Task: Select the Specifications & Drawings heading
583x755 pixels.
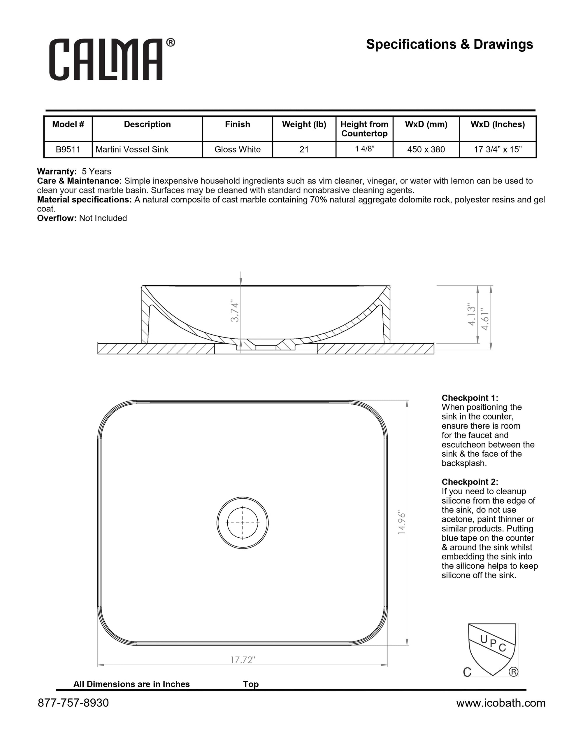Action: [x=449, y=44]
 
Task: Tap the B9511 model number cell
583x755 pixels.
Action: [x=68, y=149]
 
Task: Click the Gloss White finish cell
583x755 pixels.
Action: [x=237, y=149]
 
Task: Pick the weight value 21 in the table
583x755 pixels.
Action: [x=304, y=149]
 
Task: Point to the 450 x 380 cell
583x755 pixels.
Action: [x=426, y=149]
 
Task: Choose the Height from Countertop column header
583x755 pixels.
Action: [x=364, y=129]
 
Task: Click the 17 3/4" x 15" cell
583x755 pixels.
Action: [x=497, y=149]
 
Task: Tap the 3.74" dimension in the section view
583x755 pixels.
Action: [x=235, y=312]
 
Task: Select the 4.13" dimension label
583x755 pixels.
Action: [x=472, y=314]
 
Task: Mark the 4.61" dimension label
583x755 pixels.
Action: [x=485, y=319]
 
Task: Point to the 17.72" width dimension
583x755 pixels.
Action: [x=243, y=660]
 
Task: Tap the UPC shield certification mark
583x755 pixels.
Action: [x=491, y=649]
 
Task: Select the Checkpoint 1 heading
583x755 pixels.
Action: [x=470, y=398]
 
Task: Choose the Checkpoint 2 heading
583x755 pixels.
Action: [x=470, y=482]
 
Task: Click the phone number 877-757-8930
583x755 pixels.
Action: [x=73, y=703]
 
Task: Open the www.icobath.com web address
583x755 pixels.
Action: [x=501, y=703]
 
